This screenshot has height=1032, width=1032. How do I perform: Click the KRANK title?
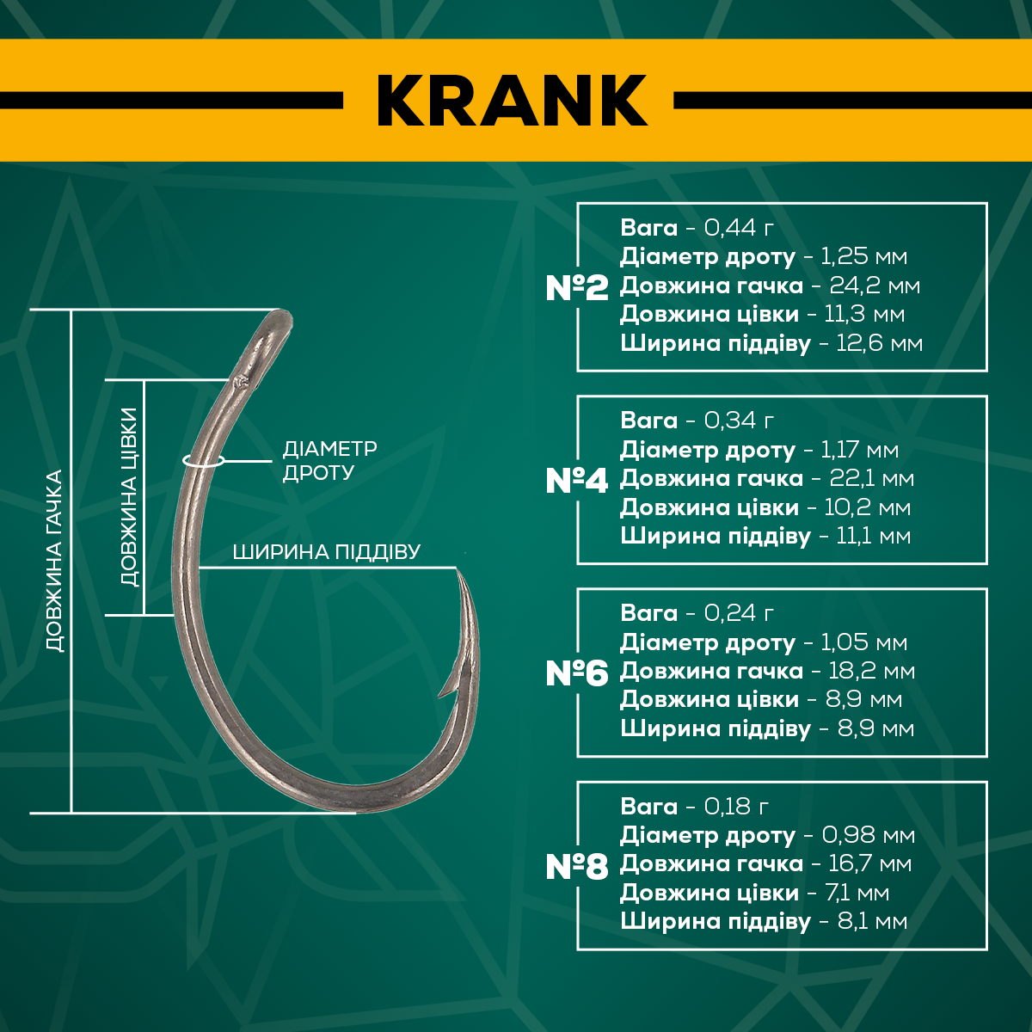(x=512, y=100)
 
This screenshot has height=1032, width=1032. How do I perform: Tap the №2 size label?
(x=577, y=287)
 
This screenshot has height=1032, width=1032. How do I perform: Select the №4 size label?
(x=577, y=481)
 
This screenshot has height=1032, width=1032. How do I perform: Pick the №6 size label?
(x=577, y=673)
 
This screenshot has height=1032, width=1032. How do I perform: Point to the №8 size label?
(x=577, y=867)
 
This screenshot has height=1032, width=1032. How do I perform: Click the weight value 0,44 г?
(x=739, y=228)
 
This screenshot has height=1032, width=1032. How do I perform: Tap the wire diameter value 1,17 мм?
(x=859, y=450)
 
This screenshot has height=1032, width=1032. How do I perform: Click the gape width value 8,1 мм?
(x=872, y=921)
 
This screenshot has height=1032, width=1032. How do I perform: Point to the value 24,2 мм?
(x=875, y=286)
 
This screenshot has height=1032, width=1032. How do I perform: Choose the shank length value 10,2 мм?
(x=867, y=507)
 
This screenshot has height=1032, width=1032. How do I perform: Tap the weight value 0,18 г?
(x=736, y=807)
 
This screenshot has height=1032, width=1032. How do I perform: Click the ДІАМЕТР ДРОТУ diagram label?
(x=330, y=460)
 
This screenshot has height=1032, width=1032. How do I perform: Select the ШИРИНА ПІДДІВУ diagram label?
(x=327, y=551)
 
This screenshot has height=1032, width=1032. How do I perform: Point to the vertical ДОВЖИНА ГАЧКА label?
(x=55, y=561)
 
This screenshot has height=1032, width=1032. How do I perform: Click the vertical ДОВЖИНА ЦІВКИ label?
(x=129, y=498)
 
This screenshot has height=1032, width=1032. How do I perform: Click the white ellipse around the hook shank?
(x=203, y=460)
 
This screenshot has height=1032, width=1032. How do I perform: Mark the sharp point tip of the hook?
(x=458, y=571)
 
